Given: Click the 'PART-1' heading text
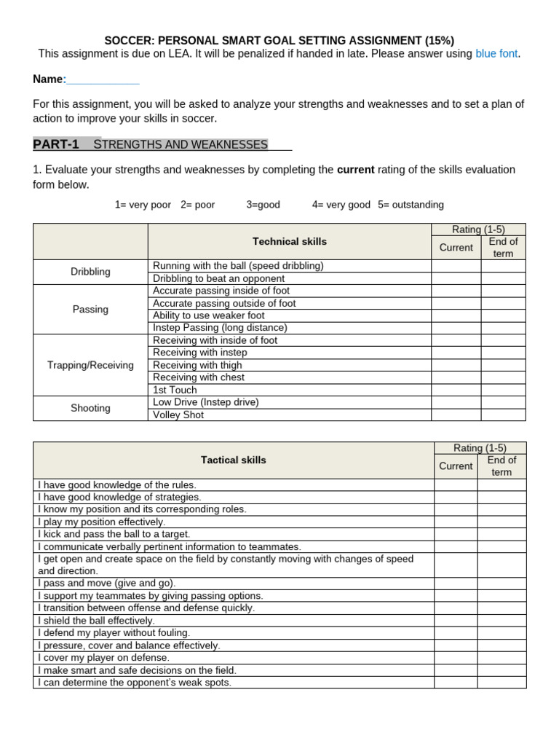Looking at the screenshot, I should pyautogui.click(x=56, y=144).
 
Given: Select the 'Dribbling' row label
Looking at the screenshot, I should pyautogui.click(x=90, y=272).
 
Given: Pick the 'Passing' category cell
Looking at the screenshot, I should pyautogui.click(x=90, y=310).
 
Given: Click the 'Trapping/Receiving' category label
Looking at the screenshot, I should pyautogui.click(x=90, y=365).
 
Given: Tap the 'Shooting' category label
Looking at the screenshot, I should pyautogui.click(x=90, y=409).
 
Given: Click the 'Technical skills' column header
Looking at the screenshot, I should pyautogui.click(x=289, y=241).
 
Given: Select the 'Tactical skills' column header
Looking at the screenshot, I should pyautogui.click(x=233, y=460).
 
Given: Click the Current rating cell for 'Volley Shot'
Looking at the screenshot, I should pyautogui.click(x=456, y=415).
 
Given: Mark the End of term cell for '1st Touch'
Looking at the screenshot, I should pyautogui.click(x=502, y=390).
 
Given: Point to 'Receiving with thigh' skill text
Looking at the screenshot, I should pyautogui.click(x=197, y=365).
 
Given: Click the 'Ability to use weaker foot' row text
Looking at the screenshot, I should pyautogui.click(x=208, y=315).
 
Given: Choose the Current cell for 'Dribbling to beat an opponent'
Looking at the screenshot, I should pyautogui.click(x=456, y=278).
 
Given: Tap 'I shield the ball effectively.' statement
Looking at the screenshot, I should pyautogui.click(x=95, y=621).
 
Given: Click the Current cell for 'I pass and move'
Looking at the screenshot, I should pyautogui.click(x=456, y=584).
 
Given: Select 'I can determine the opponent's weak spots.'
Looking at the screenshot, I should pyautogui.click(x=134, y=683).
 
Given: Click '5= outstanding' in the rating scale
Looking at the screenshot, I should pyautogui.click(x=411, y=205).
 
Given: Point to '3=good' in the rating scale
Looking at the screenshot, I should pyautogui.click(x=263, y=205).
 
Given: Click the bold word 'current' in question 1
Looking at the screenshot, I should pyautogui.click(x=355, y=170).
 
